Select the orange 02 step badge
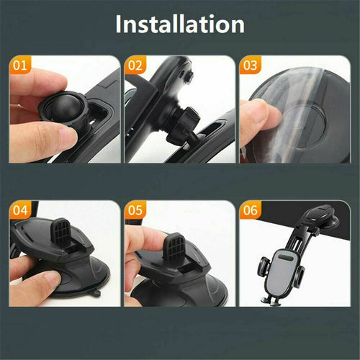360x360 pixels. [x=135, y=66]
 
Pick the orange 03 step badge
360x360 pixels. [x=250, y=66]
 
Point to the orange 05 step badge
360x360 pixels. [x=135, y=211]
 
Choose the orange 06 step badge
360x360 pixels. [x=250, y=211]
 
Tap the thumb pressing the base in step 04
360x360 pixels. [x=40, y=282]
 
